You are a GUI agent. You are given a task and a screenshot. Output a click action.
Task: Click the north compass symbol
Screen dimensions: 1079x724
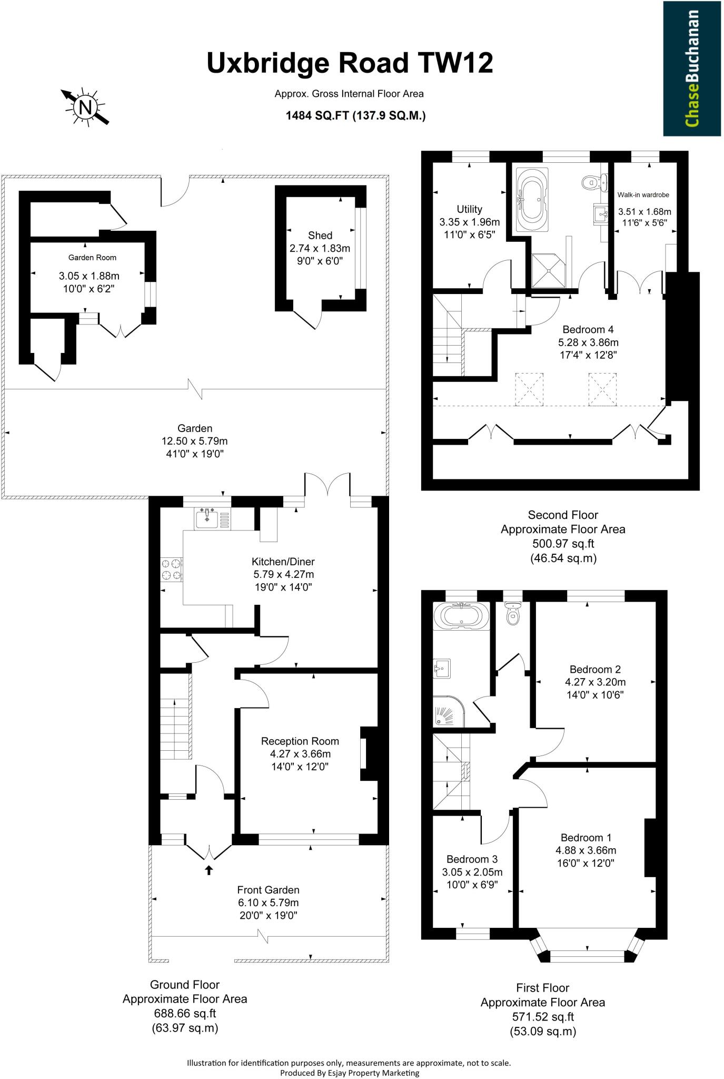pos(85,107)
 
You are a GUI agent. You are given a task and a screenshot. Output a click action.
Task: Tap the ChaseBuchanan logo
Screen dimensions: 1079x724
pos(691,68)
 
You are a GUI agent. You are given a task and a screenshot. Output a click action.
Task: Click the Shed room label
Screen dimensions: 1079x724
pos(320,236)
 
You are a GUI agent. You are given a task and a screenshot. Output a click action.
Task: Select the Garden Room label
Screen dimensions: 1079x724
pos(92,258)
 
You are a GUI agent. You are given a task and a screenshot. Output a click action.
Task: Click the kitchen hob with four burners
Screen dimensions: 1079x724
pos(172,570)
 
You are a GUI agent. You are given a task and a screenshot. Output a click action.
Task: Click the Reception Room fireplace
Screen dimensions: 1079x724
pos(369,753)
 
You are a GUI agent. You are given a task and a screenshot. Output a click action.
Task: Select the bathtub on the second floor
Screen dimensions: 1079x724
pos(532,200)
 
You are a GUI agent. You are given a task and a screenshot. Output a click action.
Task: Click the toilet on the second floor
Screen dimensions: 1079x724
pos(592,183)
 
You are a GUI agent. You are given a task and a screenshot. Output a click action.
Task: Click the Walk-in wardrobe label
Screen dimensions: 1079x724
pos(643,195)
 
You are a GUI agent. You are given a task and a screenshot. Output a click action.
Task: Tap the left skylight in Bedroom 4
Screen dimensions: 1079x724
pos(529,389)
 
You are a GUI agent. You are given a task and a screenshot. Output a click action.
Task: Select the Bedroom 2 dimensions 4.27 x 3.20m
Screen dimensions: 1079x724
pos(595,682)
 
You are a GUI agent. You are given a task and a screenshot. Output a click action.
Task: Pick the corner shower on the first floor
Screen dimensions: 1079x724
pos(448,711)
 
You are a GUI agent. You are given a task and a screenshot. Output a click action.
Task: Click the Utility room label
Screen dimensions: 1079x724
pos(469,209)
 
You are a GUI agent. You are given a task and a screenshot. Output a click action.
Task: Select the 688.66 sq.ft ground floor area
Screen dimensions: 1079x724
pos(184,1013)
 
